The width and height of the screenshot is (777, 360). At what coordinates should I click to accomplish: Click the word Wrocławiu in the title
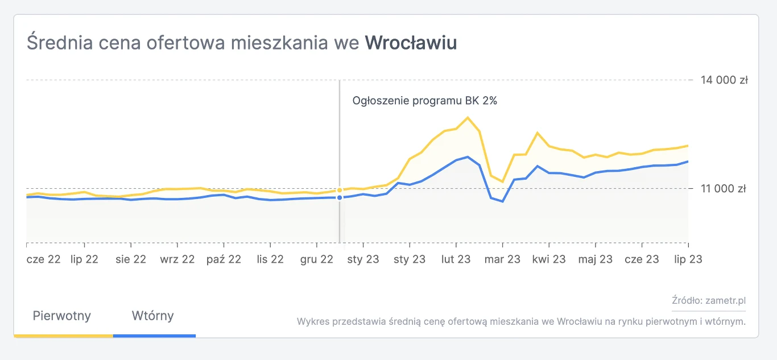click(411, 43)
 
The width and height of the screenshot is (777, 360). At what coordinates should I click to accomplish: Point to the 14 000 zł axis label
click(724, 80)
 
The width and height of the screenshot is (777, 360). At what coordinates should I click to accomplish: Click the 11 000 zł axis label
click(724, 188)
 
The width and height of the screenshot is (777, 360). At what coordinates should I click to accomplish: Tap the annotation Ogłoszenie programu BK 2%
click(425, 101)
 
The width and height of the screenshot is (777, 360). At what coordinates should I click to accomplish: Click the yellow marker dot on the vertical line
click(340, 191)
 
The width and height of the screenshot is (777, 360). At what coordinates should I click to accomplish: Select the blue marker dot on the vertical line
click(340, 197)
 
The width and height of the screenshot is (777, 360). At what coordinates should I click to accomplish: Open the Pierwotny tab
click(62, 316)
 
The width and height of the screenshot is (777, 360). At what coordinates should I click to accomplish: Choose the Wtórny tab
click(153, 316)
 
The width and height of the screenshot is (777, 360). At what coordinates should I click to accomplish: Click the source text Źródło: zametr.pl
click(708, 301)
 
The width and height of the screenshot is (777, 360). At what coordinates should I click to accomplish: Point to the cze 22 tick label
click(44, 259)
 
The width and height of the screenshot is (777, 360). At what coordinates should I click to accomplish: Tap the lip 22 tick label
click(84, 259)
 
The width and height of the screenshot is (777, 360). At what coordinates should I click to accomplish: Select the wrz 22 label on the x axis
click(177, 259)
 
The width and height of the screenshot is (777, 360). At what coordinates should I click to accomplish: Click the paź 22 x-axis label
click(224, 259)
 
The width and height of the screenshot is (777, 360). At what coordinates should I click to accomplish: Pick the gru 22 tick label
click(316, 259)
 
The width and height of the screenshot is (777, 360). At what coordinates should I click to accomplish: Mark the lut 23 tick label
click(456, 259)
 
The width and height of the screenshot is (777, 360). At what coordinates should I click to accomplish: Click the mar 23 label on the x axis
click(502, 259)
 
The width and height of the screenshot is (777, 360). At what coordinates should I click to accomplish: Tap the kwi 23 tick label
click(549, 259)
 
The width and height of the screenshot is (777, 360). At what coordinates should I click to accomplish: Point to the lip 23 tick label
click(688, 259)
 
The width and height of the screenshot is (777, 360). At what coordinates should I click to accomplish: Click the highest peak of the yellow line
click(468, 118)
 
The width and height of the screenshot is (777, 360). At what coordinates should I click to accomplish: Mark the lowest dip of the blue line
click(502, 201)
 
